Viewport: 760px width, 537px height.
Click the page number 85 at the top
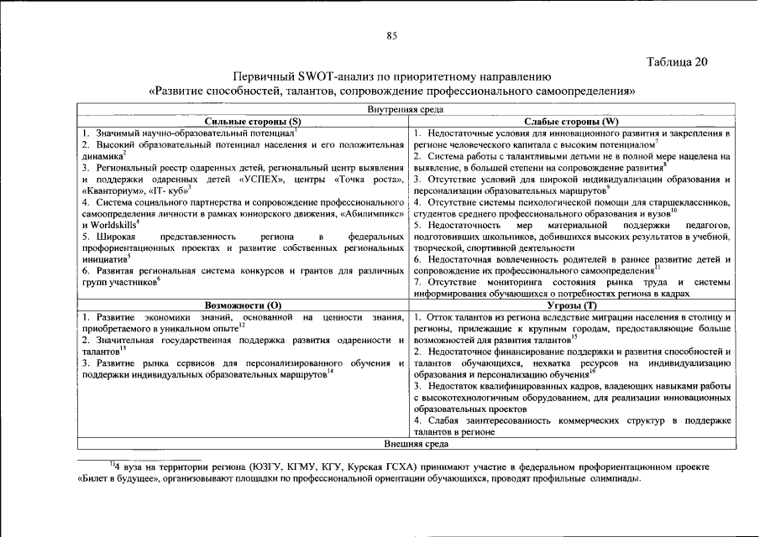(x=390, y=34)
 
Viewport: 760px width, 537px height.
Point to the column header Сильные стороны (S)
(x=241, y=122)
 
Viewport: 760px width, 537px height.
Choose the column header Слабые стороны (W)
(x=571, y=122)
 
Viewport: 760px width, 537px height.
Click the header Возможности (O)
(x=241, y=305)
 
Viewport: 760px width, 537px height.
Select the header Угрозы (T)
(x=571, y=305)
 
